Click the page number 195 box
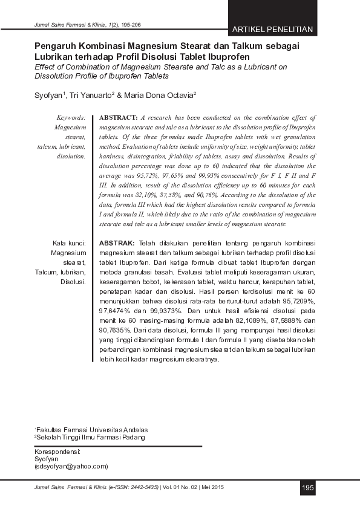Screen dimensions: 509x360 tap(308, 487)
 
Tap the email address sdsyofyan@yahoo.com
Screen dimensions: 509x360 tap(71, 466)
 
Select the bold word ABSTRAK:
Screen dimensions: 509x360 tap(117, 242)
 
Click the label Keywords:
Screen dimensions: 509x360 tap(71, 118)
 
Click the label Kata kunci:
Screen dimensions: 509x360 tap(69, 243)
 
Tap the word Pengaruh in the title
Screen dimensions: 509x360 tap(57, 46)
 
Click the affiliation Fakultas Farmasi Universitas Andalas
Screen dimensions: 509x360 tap(91, 429)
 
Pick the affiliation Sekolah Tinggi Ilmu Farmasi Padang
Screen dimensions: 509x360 tap(91, 436)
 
